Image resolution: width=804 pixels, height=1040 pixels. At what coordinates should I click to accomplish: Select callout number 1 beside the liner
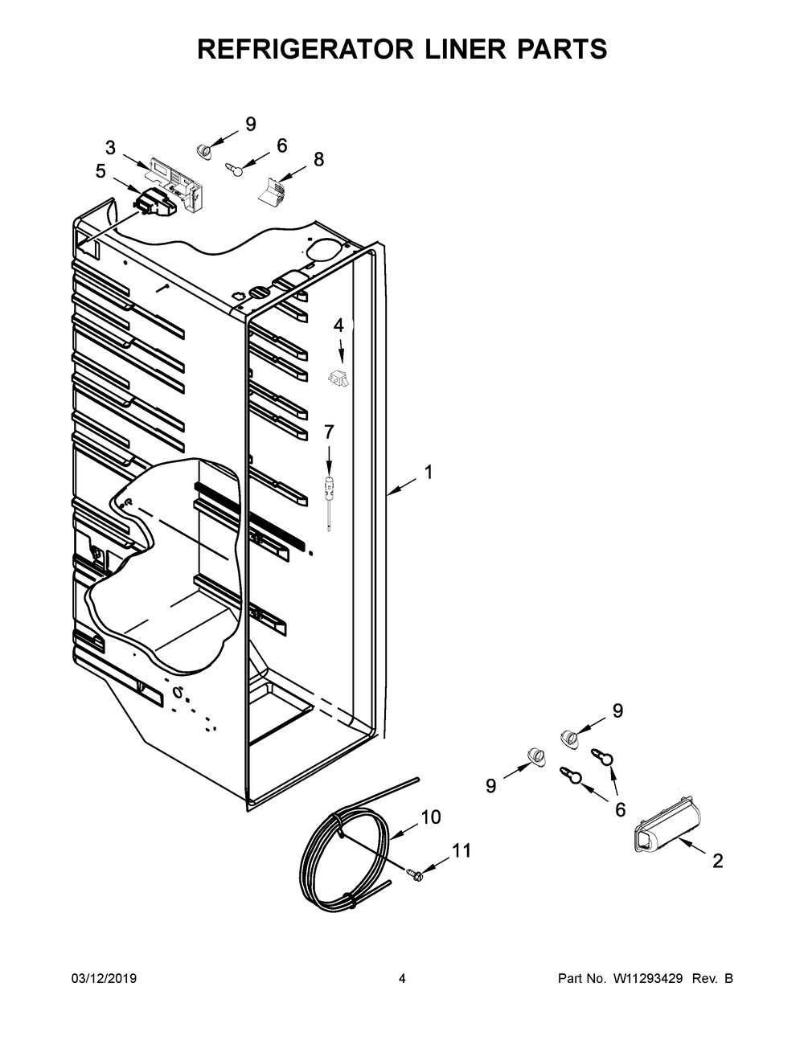(x=429, y=473)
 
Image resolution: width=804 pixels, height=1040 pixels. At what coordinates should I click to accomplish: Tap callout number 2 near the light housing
(x=717, y=862)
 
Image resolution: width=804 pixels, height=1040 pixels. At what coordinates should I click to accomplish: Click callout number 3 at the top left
(x=110, y=148)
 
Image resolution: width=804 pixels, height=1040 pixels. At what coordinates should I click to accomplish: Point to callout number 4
(x=338, y=326)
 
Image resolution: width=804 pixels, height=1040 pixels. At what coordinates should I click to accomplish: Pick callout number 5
(x=100, y=170)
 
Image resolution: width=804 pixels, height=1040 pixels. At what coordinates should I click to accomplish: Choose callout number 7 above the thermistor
(x=328, y=432)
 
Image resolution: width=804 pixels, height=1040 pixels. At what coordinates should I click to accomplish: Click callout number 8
(x=318, y=159)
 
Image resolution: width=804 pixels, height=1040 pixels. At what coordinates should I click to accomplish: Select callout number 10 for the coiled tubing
(x=431, y=817)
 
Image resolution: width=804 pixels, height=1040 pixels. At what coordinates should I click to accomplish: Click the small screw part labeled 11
(x=415, y=874)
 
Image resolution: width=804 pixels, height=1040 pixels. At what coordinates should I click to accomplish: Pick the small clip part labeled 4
(x=338, y=379)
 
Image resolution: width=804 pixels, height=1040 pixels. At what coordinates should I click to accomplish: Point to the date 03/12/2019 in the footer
(x=104, y=979)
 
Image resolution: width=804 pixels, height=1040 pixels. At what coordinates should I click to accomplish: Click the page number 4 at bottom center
(x=402, y=979)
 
